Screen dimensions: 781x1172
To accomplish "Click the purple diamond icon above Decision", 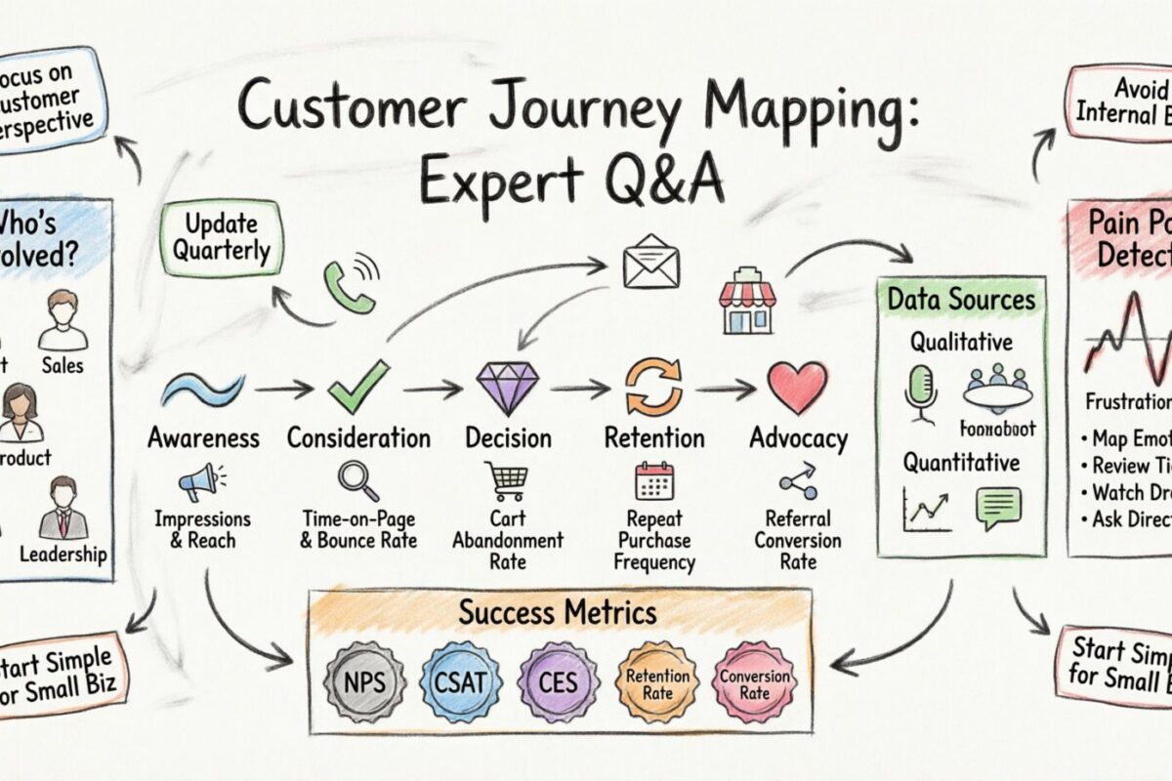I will click(x=506, y=388).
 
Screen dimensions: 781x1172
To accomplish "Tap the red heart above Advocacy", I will click(x=797, y=388).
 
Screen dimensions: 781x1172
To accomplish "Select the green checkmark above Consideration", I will click(x=358, y=388).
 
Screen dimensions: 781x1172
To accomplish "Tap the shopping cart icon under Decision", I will click(x=505, y=481).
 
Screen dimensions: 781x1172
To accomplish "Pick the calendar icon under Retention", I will click(x=653, y=481).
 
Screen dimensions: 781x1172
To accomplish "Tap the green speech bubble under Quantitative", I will click(x=998, y=508).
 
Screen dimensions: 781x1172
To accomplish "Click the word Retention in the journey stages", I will click(x=653, y=438).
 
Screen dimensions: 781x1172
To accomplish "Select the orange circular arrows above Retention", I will click(x=652, y=388).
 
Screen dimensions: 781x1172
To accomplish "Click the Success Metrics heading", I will click(x=559, y=613).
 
